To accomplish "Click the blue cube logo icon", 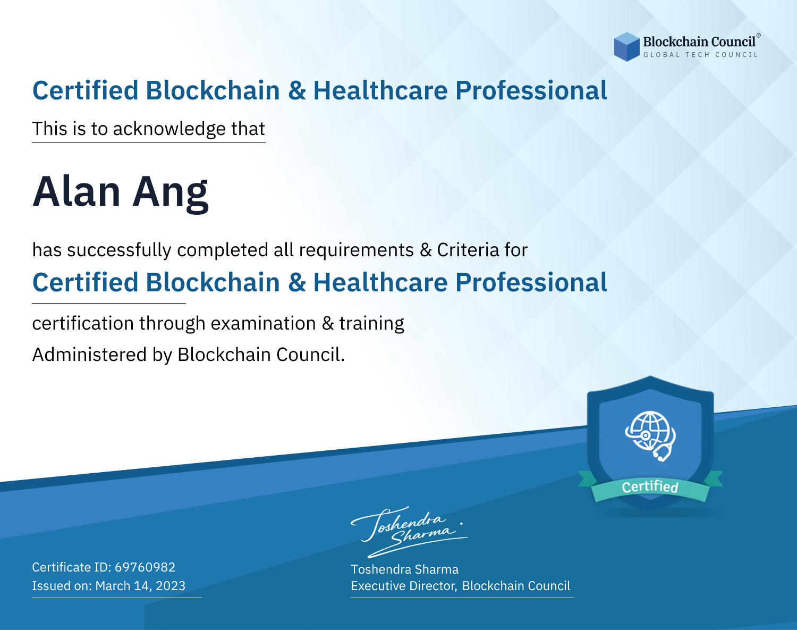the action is pos(626,47).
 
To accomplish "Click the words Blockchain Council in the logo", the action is pos(699,42).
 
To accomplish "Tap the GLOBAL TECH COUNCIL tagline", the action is pos(700,55).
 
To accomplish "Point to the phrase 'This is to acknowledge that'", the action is pos(149,129).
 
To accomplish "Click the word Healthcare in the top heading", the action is pos(380,90).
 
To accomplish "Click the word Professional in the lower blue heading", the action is pos(531,282).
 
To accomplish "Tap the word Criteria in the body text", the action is pos(468,249).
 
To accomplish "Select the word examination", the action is pos(263,323).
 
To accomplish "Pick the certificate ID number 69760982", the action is pos(145,567).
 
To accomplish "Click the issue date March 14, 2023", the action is pos(140,585).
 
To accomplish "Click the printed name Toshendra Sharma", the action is pos(404,569).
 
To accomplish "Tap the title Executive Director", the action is pos(403,586).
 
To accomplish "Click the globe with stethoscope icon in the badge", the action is pos(650,436).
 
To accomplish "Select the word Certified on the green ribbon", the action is pos(650,487).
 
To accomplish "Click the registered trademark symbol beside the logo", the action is pos(758,35).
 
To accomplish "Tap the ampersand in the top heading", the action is pos(296,91).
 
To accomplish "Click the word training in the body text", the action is pos(371,323).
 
